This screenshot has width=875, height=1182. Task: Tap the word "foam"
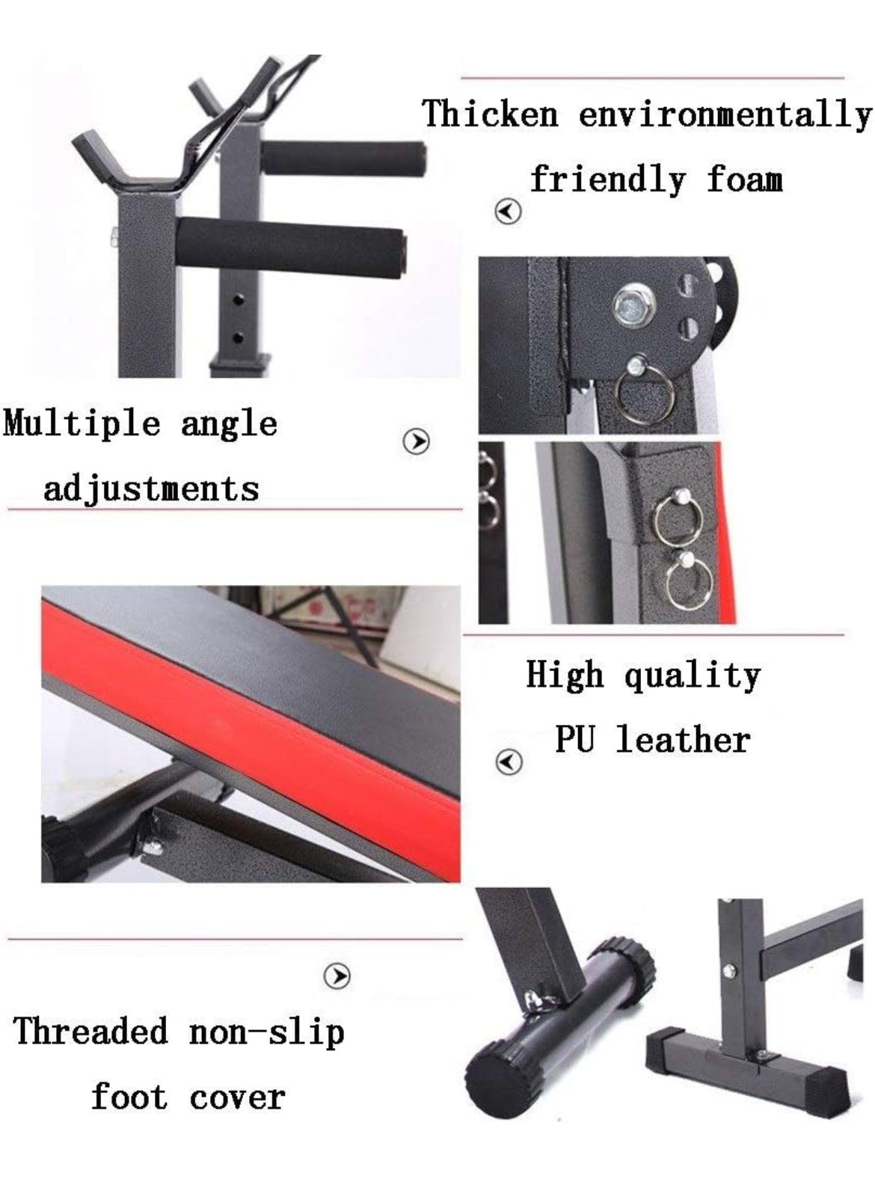pos(744,180)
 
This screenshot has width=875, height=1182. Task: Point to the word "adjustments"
pos(151,489)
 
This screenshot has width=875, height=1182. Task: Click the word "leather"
pos(683,740)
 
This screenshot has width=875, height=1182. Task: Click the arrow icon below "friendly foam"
pos(508,212)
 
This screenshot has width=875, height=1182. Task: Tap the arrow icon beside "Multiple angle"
pos(416,441)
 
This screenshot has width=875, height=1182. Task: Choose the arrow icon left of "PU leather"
pos(509,762)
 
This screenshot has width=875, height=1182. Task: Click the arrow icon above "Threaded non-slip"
pos(337,976)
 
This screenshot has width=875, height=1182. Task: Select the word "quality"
pos(693,676)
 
